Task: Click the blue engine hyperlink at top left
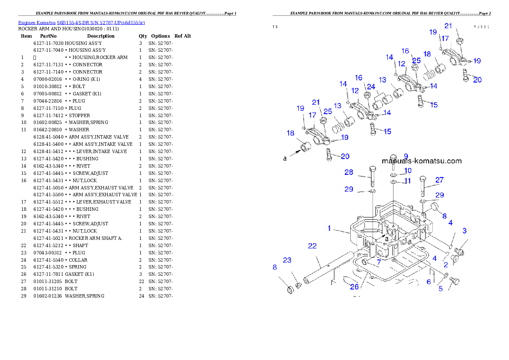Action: [x=81, y=23]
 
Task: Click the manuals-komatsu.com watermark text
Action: [x=421, y=161]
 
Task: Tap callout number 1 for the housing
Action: [x=329, y=228]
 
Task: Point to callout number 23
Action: [x=287, y=260]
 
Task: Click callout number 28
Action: [x=349, y=172]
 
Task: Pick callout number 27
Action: [x=440, y=180]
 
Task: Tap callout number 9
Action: [x=405, y=156]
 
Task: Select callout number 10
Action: [x=407, y=171]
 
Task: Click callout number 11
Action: [x=407, y=181]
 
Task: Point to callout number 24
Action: [x=371, y=87]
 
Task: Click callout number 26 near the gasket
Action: [x=355, y=286]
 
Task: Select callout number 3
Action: [x=464, y=231]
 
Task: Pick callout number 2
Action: [x=445, y=265]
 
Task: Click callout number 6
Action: [x=429, y=282]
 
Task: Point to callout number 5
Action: [x=441, y=289]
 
